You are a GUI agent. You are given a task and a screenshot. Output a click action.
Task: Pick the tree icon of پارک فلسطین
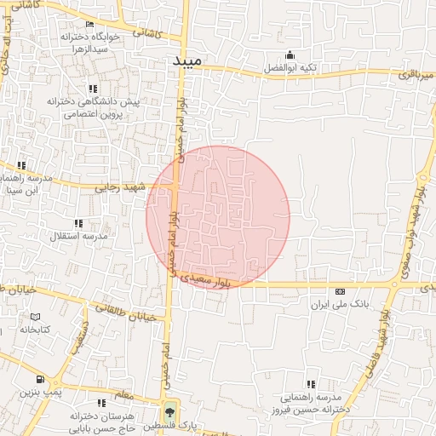click(x=169, y=410)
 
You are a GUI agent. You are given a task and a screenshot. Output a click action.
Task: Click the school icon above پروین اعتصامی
click(x=92, y=88)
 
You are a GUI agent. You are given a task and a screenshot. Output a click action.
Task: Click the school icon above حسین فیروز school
click(x=310, y=385)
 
